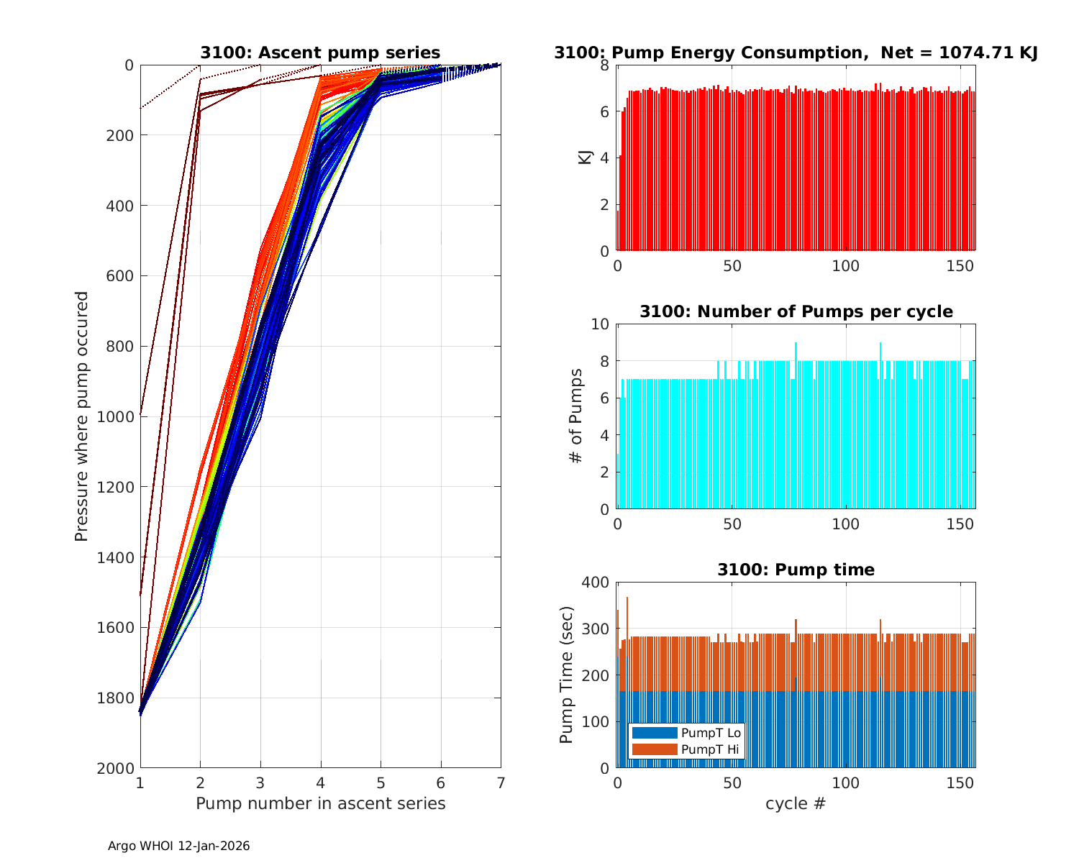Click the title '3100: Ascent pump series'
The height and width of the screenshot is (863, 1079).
click(320, 52)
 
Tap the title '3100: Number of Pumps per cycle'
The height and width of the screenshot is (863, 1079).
click(796, 311)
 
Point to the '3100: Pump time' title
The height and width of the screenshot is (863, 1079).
click(796, 570)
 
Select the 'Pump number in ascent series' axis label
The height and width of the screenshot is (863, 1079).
click(320, 803)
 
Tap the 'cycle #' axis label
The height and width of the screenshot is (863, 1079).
click(796, 803)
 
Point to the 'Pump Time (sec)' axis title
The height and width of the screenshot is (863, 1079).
click(567, 675)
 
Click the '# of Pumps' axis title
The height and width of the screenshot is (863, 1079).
click(576, 416)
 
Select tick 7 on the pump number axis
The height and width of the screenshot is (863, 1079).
click(501, 782)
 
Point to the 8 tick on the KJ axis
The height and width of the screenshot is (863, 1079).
click(605, 65)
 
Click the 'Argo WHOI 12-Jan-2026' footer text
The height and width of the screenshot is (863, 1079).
click(178, 846)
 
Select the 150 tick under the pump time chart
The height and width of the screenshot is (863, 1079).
click(961, 782)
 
